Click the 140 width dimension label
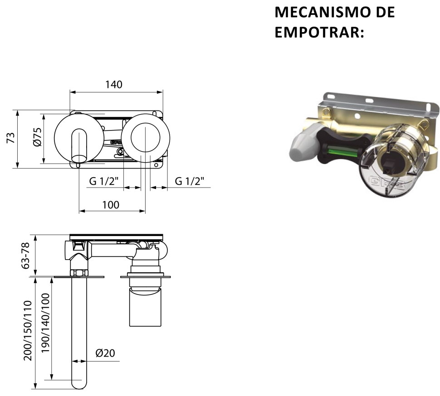click(x=114, y=84)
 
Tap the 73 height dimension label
click(x=11, y=138)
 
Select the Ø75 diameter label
click(x=37, y=137)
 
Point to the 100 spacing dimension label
click(x=111, y=205)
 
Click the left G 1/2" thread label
click(x=104, y=181)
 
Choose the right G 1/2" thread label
click(x=190, y=181)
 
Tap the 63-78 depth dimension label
click(x=25, y=256)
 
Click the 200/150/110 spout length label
click(x=28, y=330)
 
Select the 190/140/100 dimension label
click(x=45, y=323)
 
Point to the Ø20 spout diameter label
click(x=105, y=353)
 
